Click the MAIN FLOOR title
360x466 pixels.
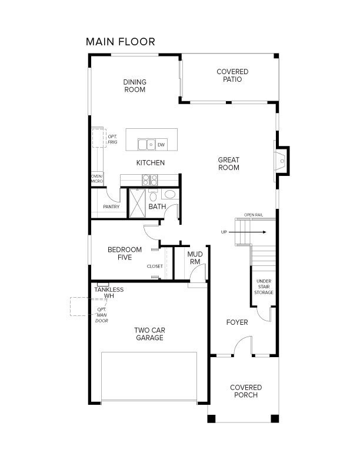[121, 42]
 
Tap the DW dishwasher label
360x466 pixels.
[161, 145]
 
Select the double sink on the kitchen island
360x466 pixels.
[146, 144]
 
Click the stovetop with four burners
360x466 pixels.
[149, 180]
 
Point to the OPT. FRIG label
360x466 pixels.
[112, 139]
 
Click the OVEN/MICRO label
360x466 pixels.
[97, 179]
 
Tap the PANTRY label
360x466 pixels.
[111, 207]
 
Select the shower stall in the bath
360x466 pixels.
[138, 203]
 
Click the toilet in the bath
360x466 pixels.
[154, 195]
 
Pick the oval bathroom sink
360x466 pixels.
[170, 195]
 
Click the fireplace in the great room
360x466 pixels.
[281, 161]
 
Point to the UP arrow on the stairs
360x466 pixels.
[248, 232]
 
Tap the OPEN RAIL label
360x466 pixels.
[254, 215]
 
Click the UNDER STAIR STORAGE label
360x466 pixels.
[264, 287]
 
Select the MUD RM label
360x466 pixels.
[195, 258]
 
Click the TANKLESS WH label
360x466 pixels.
[109, 293]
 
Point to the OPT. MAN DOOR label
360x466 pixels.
[102, 315]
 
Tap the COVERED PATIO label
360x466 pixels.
[232, 75]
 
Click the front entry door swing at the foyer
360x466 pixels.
[243, 345]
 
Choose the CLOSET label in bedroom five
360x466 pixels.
[155, 267]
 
